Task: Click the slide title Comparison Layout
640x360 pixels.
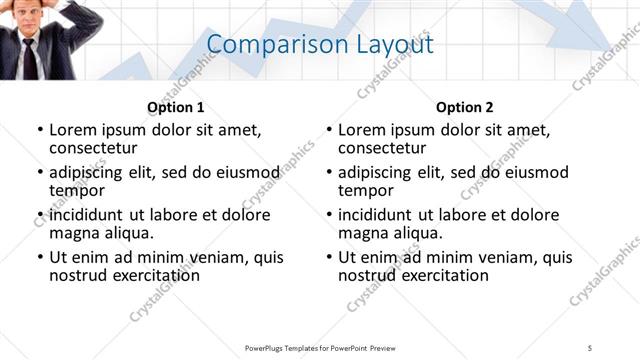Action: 320,45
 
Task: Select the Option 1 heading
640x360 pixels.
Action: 176,107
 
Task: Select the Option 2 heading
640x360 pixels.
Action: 465,107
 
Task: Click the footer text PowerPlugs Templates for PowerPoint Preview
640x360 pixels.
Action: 320,347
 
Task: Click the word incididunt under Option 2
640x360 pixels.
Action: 378,215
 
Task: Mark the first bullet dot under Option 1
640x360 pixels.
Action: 40,130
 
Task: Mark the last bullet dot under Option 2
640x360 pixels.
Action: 329,257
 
